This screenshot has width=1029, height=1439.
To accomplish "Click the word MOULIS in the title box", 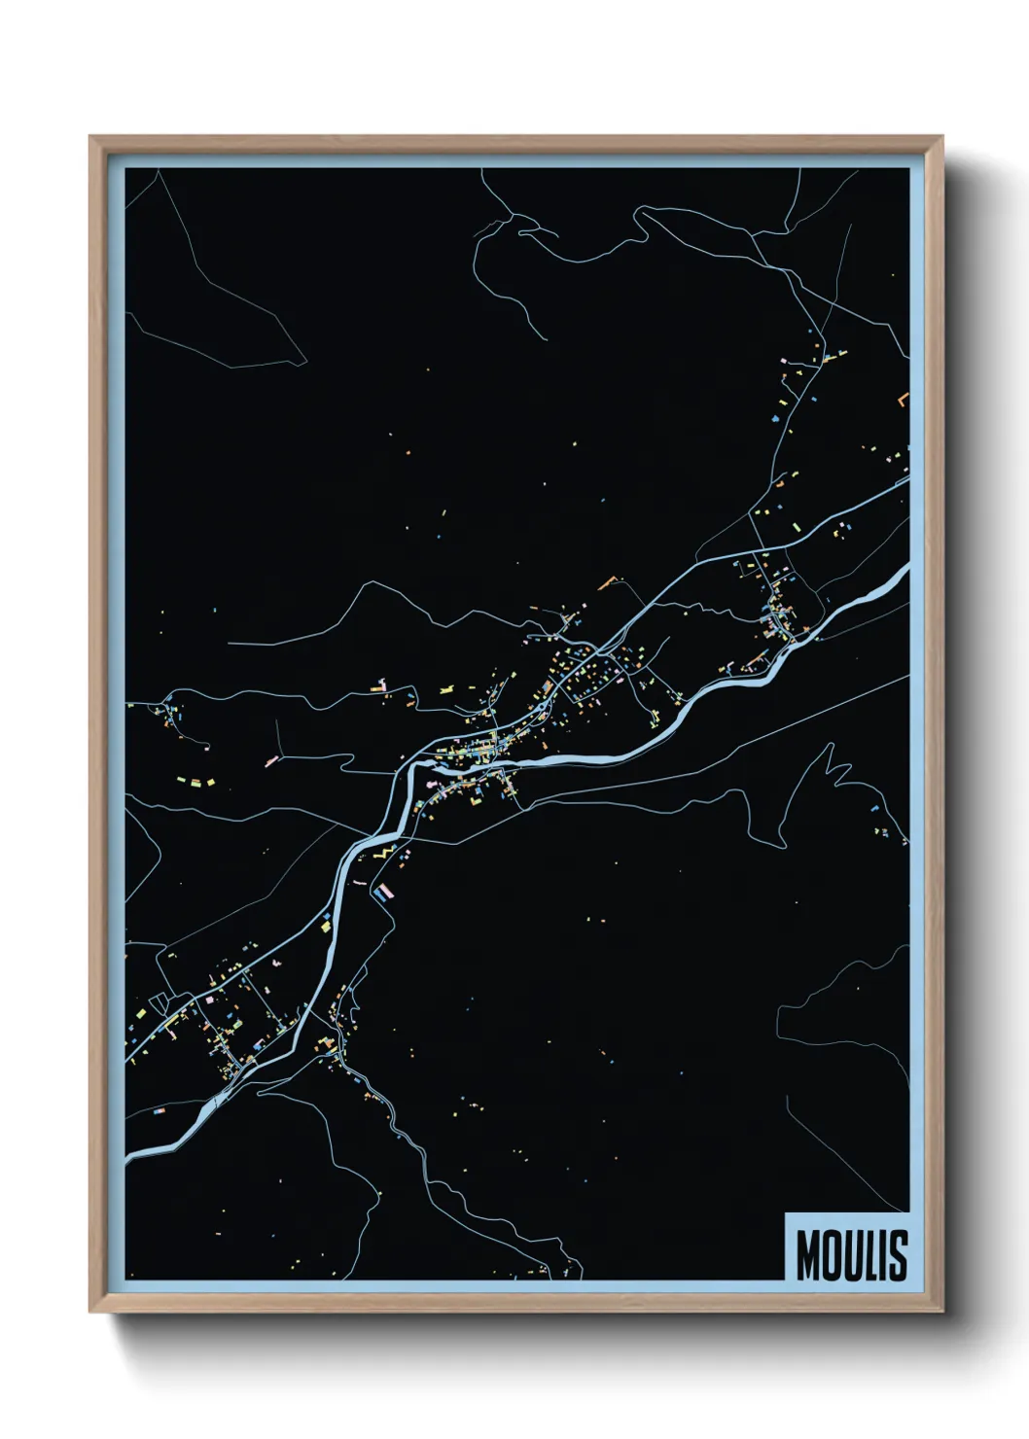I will coord(852,1255).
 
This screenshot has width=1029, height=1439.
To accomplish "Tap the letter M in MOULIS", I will coord(809,1255).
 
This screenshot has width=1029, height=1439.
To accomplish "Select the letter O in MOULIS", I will coord(833,1255).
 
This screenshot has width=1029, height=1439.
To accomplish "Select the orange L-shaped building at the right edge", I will coord(904,401).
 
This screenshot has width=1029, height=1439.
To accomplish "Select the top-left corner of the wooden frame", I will coord(90,136).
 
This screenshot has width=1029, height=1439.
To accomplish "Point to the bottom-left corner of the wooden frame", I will coord(90,1312).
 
